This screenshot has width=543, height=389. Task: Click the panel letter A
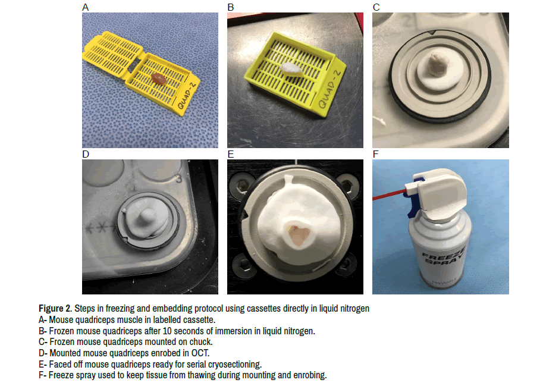[x=85, y=7]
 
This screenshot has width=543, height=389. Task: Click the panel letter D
[x=86, y=154]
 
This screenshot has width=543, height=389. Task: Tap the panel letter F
[x=376, y=154]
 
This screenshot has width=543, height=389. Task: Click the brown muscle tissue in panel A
[x=159, y=79]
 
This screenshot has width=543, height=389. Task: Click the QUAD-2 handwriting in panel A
[x=187, y=95]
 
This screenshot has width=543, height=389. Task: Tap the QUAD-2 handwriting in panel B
[x=329, y=89]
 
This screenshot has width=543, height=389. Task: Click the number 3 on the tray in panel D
[x=178, y=179]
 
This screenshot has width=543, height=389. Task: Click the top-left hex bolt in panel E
[x=240, y=187]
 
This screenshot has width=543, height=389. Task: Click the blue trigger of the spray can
[x=414, y=201]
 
